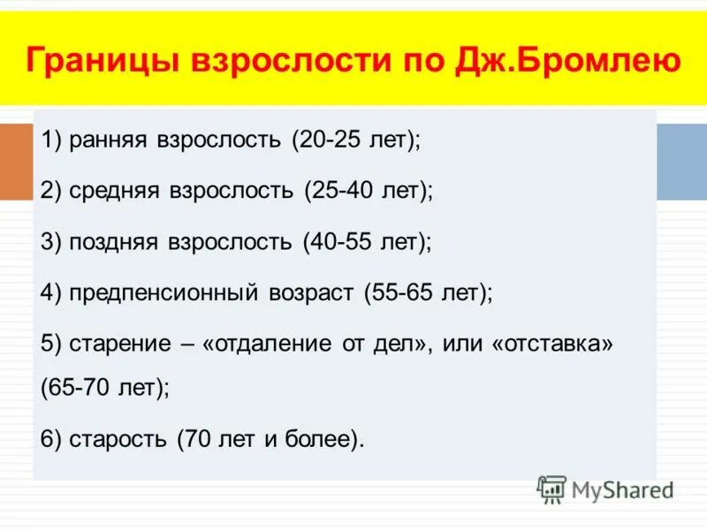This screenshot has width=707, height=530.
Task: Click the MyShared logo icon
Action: click(x=552, y=489)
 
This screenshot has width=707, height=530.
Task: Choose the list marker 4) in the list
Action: click(x=51, y=293)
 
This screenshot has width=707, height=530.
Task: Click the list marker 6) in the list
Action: click(x=51, y=438)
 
